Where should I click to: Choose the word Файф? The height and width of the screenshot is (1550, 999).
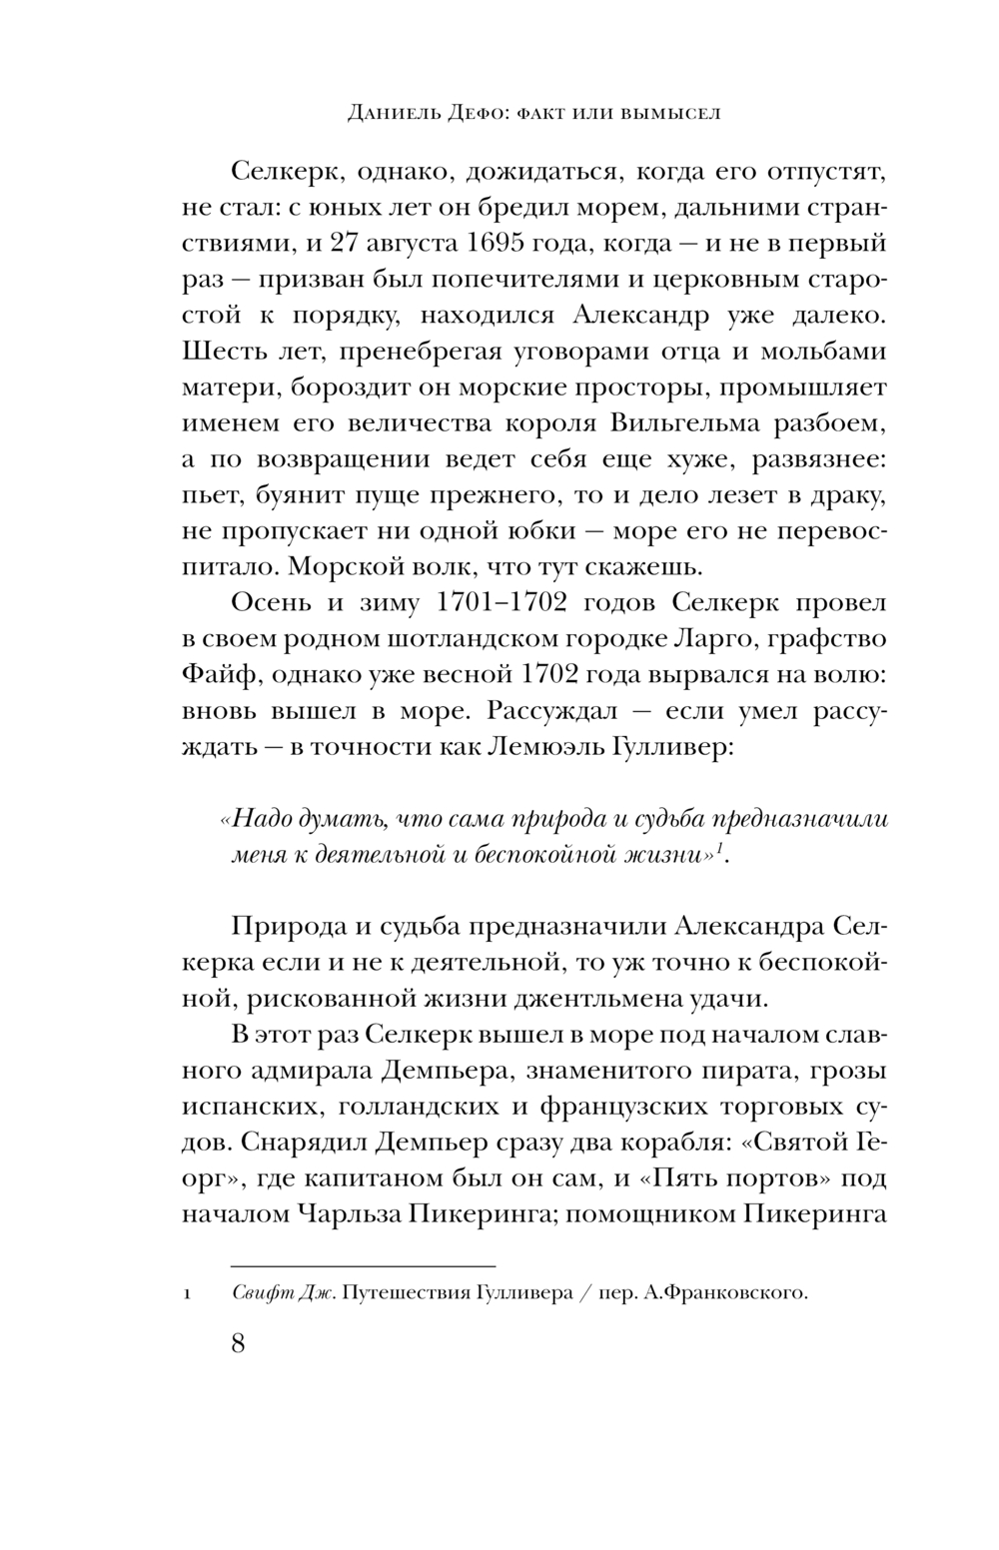[221, 675]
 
